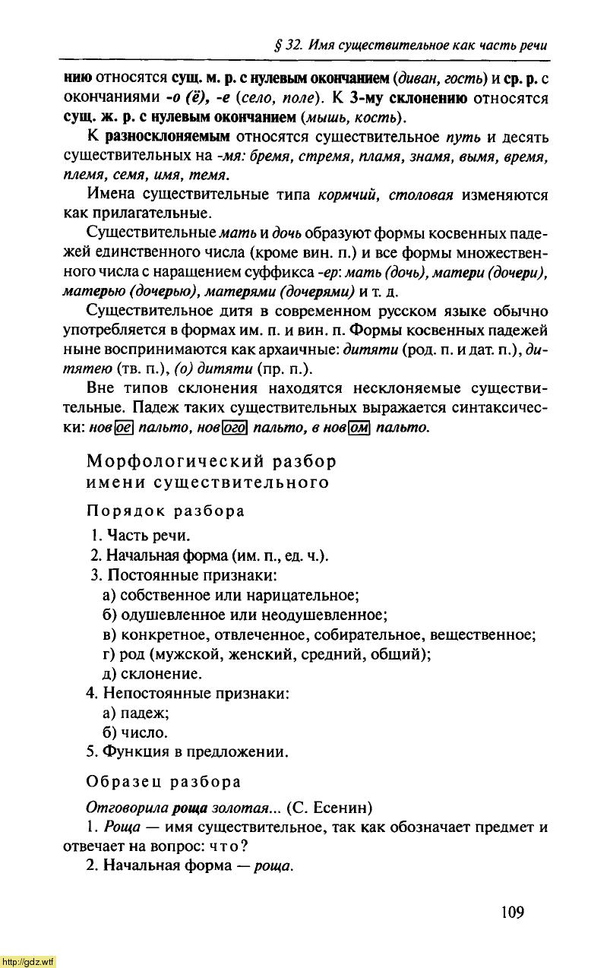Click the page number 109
(x=513, y=912)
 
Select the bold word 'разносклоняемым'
(x=168, y=138)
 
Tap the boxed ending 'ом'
(x=358, y=428)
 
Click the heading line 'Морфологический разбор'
(x=211, y=461)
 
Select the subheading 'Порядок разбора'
(x=166, y=511)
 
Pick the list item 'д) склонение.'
(x=152, y=674)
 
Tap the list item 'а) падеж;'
(x=135, y=713)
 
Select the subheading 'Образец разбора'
(x=164, y=782)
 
